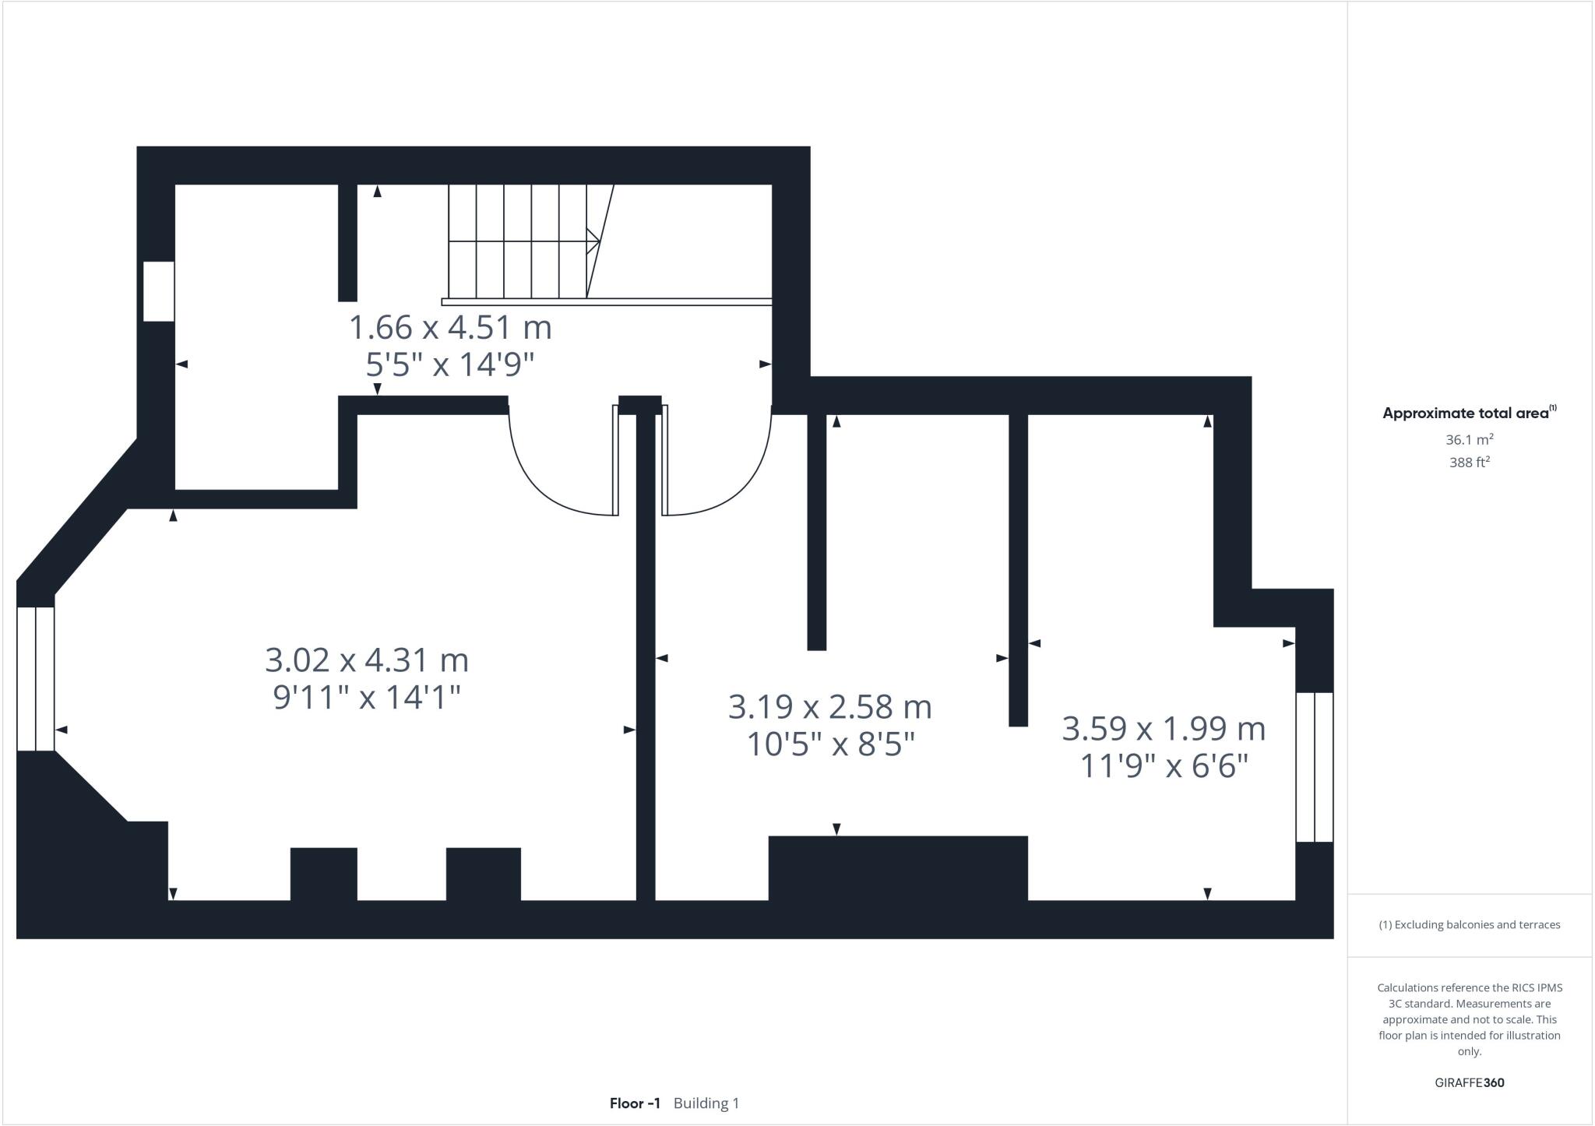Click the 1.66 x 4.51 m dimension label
click(450, 328)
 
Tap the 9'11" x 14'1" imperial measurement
click(367, 698)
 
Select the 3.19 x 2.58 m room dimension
click(829, 707)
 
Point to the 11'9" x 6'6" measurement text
click(1164, 766)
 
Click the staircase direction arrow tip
click(597, 241)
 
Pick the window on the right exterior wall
click(1315, 767)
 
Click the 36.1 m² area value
click(1469, 440)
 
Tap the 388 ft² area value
click(1469, 463)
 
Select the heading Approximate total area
click(1465, 414)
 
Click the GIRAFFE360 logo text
click(1469, 1082)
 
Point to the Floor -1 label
click(635, 1103)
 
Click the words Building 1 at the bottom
click(706, 1103)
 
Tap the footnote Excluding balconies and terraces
click(1469, 925)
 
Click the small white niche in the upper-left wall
click(158, 291)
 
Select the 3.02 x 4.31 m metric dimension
click(367, 660)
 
